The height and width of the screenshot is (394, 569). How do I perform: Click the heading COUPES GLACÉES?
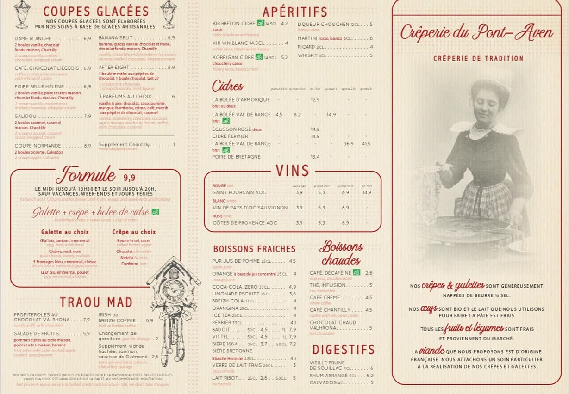point(96,11)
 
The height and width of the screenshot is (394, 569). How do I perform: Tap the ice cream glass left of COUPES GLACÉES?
point(22,13)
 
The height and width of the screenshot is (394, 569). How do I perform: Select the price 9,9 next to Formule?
point(129,178)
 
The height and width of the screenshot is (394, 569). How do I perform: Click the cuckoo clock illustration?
point(173,301)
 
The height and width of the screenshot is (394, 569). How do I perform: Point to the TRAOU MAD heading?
point(96,302)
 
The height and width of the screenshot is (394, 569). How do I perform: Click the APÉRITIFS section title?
point(294,12)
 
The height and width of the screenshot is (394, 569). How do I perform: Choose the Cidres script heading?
point(227,86)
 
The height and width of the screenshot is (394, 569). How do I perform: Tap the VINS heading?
point(292,171)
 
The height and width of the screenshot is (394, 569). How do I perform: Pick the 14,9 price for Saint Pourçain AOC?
point(367,192)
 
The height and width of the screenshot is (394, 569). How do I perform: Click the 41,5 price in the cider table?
point(366,144)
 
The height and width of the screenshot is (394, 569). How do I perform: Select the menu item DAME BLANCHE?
point(33,39)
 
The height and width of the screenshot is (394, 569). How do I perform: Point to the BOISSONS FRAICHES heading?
point(254,249)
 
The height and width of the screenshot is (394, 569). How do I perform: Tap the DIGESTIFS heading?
point(343,350)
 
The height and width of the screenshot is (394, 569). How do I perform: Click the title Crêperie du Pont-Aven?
point(476,33)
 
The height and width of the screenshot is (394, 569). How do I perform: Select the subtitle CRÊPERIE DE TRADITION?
point(478,58)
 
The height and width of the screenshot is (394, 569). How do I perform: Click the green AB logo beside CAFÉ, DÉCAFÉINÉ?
point(356,272)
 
